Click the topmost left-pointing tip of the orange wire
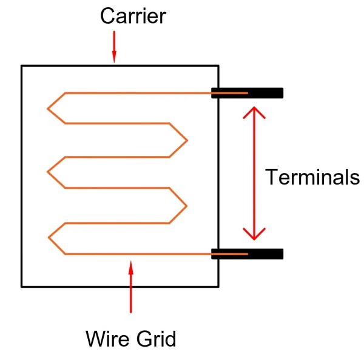pos(48,109)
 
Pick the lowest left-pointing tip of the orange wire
pos(48,237)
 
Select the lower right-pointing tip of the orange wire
pos(186,205)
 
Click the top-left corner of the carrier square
pos(22,65)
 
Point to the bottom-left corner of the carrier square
pos(22,286)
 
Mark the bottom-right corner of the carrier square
pos(218,286)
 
